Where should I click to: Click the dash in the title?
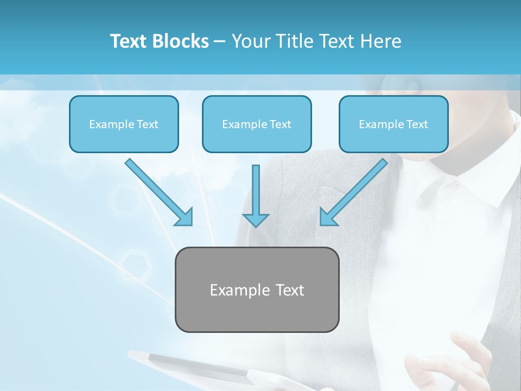point(220,41)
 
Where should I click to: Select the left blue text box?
point(124,124)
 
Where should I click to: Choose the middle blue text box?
point(257,124)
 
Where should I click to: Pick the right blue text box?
point(393,124)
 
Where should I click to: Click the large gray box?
point(257,312)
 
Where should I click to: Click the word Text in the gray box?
point(290,290)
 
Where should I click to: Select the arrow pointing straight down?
point(255,193)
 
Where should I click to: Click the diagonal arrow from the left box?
point(157,190)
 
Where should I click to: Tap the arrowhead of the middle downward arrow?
point(255,220)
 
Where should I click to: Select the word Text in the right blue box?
point(417,124)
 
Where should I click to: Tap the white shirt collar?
point(478,185)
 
